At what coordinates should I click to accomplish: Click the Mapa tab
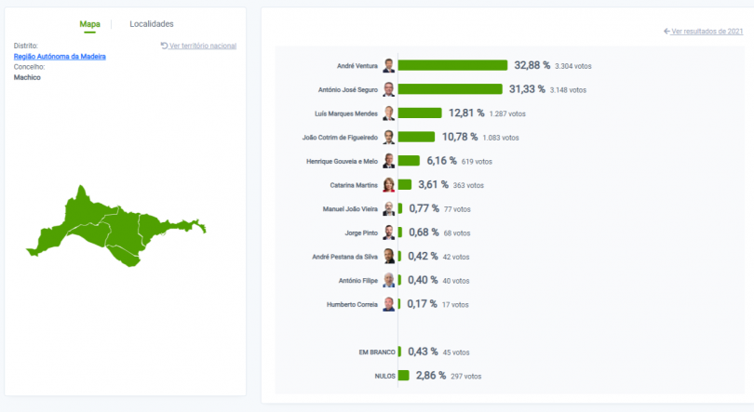(x=90, y=23)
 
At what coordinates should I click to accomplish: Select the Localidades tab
(x=151, y=23)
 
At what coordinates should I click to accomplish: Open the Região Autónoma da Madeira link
(x=60, y=57)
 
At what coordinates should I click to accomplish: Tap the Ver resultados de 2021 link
(x=703, y=31)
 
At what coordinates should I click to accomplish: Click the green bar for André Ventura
(x=452, y=65)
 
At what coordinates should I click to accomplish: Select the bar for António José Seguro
(x=450, y=89)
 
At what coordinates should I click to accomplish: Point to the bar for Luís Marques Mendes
(x=419, y=113)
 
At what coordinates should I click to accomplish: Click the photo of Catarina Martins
(x=389, y=185)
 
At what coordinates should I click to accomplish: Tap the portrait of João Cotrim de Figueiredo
(x=389, y=137)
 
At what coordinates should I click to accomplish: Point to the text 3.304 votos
(x=572, y=66)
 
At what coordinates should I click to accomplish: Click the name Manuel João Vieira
(x=351, y=208)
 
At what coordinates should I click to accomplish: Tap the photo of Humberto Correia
(x=389, y=304)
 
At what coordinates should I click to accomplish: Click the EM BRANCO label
(x=377, y=352)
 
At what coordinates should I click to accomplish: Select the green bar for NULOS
(x=403, y=376)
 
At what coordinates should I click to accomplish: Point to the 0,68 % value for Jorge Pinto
(x=424, y=233)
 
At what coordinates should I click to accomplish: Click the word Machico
(x=27, y=77)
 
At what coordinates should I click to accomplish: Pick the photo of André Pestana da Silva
(x=389, y=257)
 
